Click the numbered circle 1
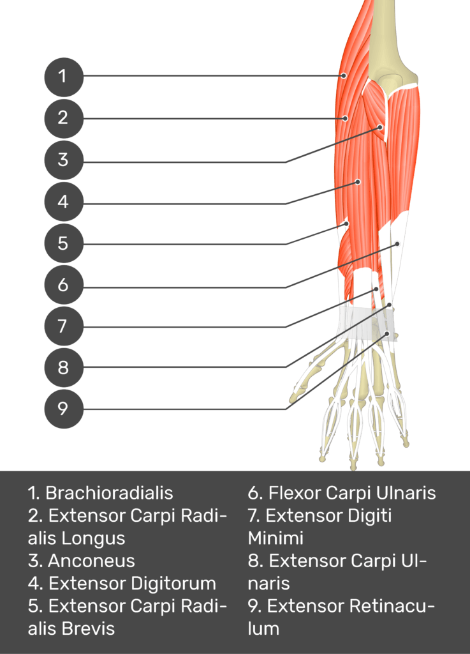[x=64, y=77]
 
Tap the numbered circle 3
[x=64, y=160]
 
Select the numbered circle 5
[x=64, y=243]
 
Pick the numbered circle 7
[x=64, y=326]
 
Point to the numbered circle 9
[x=64, y=409]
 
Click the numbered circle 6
[x=64, y=284]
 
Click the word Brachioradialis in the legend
[x=109, y=493]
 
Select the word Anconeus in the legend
[x=92, y=561]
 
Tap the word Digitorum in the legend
[x=174, y=584]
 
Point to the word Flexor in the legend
[x=295, y=493]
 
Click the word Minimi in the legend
[x=275, y=538]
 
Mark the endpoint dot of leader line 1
[x=344, y=75]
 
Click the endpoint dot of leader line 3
[x=380, y=126]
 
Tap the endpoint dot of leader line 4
[x=358, y=181]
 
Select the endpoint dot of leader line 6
[x=397, y=243]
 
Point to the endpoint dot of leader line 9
[x=387, y=333]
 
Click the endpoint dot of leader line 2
[x=345, y=118]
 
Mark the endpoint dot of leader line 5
[x=346, y=223]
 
